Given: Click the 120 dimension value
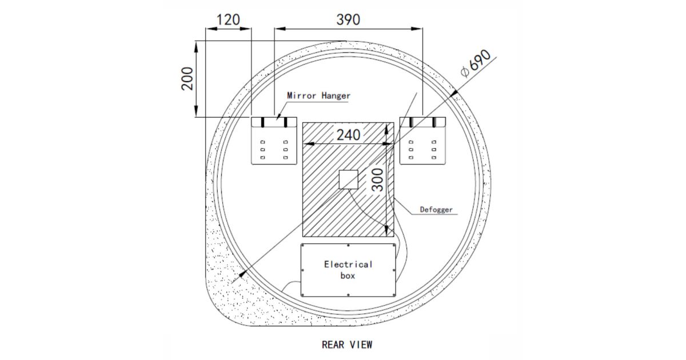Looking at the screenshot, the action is (x=228, y=20).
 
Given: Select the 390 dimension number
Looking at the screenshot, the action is (x=348, y=20).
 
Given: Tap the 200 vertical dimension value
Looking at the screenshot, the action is (x=188, y=79).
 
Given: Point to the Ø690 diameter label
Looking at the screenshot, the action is (x=476, y=63).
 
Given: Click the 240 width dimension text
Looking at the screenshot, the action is (x=348, y=135).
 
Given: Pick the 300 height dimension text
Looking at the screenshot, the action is (x=378, y=180).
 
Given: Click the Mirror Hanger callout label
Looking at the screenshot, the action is (x=318, y=95).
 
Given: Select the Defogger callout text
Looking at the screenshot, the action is (x=436, y=210).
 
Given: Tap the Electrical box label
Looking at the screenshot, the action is (x=348, y=270).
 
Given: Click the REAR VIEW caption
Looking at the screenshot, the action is (x=347, y=345).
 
